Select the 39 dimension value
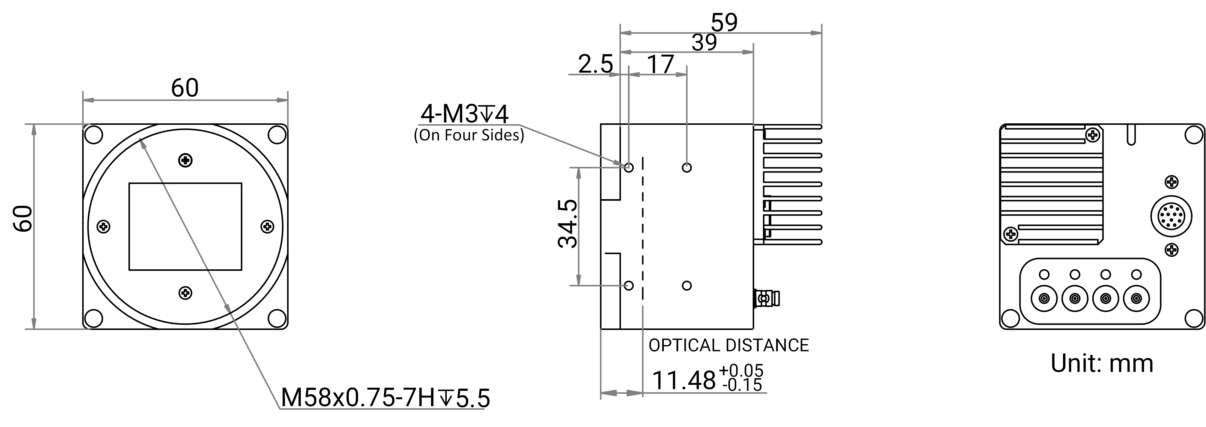(x=704, y=43)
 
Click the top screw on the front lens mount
(x=185, y=161)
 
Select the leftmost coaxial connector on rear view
(x=1044, y=298)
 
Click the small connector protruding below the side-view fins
(x=766, y=298)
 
